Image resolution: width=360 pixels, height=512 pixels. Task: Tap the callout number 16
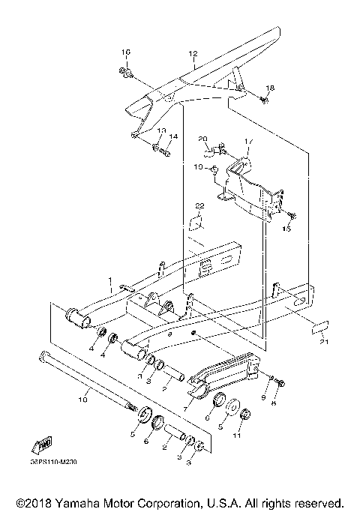coord(126,51)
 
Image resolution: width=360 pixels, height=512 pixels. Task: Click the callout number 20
coord(181,139)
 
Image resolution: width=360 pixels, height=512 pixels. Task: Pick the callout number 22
coord(199,205)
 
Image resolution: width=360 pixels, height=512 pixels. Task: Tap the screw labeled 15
coord(292,217)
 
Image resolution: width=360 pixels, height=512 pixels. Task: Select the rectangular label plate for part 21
coord(320,326)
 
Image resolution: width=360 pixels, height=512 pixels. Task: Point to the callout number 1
coord(109,286)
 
